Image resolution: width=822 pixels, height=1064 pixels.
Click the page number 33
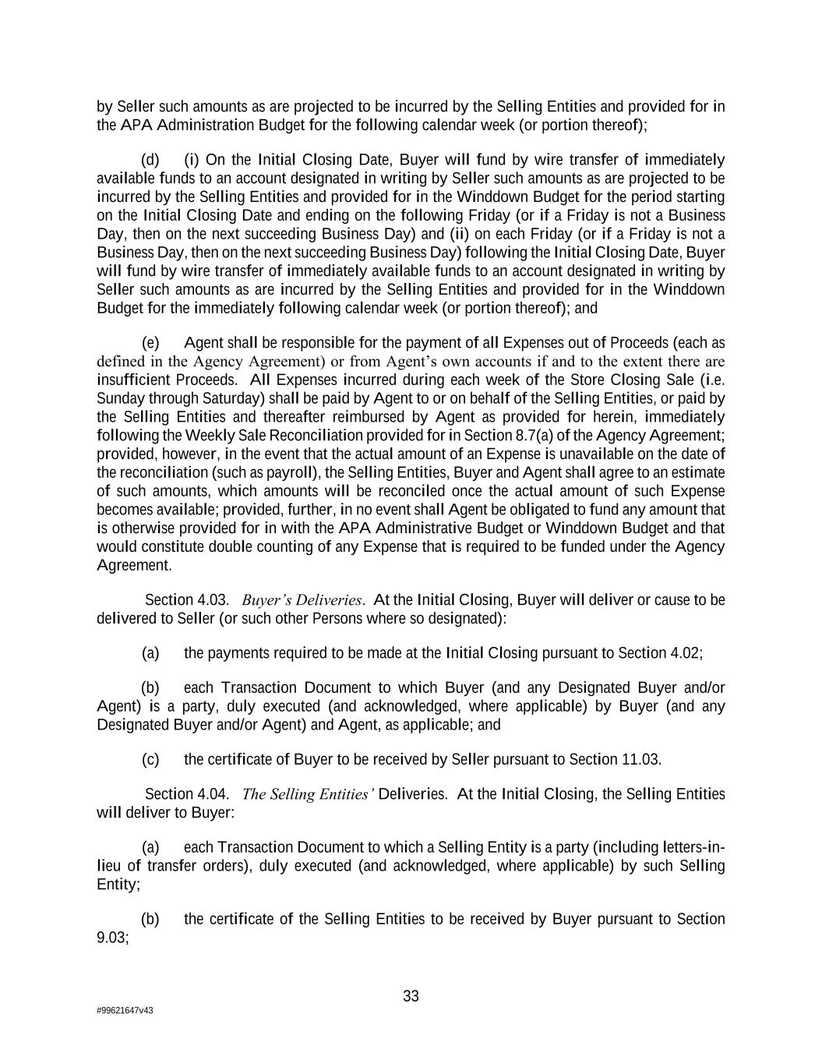point(411,996)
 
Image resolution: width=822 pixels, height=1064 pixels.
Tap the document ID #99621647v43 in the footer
point(125,1010)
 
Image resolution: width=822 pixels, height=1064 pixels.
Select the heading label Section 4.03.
point(187,600)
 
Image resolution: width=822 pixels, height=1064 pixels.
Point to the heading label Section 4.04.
point(187,794)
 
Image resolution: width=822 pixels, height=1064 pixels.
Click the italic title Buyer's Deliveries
point(302,600)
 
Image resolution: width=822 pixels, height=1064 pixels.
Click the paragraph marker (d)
point(150,160)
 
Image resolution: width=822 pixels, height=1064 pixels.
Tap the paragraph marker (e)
point(150,343)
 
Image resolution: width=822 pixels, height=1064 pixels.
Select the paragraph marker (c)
point(150,759)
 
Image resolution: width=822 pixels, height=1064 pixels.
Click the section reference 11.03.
point(643,759)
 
